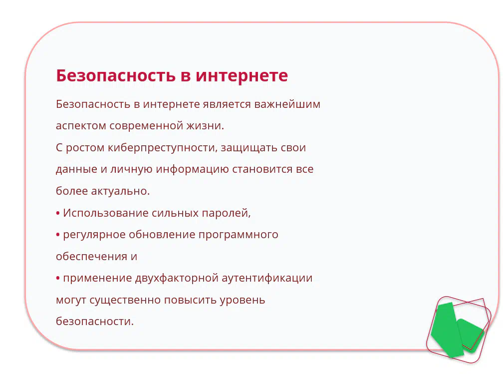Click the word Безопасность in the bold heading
pyautogui.click(x=116, y=76)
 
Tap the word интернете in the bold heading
pyautogui.click(x=242, y=76)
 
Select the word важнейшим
pyautogui.click(x=287, y=104)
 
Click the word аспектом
pyautogui.click(x=81, y=126)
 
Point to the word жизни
pyautogui.click(x=205, y=125)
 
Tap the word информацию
pyautogui.click(x=192, y=169)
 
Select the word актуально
pyautogui.click(x=121, y=191)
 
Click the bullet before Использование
pyautogui.click(x=58, y=213)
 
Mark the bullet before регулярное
pyautogui.click(x=58, y=235)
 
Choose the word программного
pyautogui.click(x=239, y=235)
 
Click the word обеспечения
pyautogui.click(x=91, y=256)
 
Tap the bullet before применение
pyautogui.click(x=58, y=278)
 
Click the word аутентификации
pyautogui.click(x=267, y=278)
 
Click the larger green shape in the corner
pyautogui.click(x=446, y=330)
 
